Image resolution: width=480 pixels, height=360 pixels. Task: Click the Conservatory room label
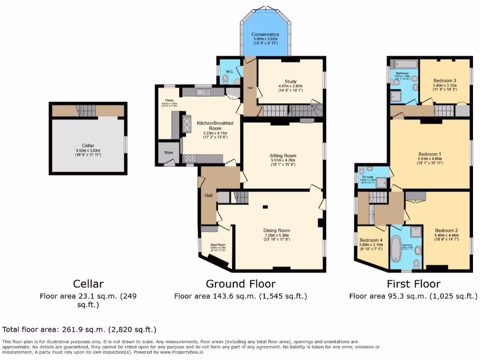pyautogui.click(x=265, y=35)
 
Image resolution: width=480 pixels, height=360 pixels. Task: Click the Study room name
pyautogui.click(x=291, y=81)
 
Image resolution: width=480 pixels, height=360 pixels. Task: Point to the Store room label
pyautogui.click(x=168, y=152)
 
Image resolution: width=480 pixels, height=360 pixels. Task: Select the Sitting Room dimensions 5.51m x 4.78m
pyautogui.click(x=283, y=161)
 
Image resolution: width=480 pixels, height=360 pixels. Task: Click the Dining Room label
pyautogui.click(x=277, y=230)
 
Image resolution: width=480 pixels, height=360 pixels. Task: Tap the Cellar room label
pyautogui.click(x=88, y=145)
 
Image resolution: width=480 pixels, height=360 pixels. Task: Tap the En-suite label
pyautogui.click(x=368, y=177)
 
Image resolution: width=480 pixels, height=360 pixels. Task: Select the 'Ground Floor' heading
pyautogui.click(x=240, y=284)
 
